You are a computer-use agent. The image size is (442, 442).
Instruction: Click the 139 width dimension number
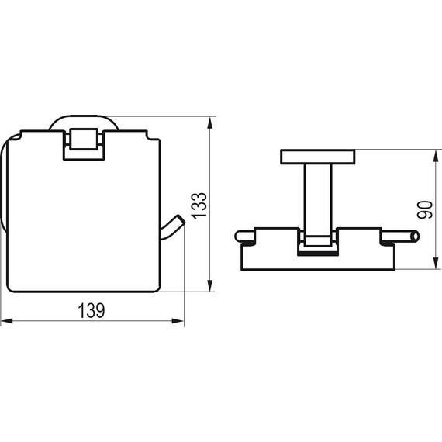[91, 310]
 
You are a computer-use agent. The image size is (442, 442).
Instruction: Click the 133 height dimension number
[199, 205]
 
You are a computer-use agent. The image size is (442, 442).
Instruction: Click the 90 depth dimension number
[424, 209]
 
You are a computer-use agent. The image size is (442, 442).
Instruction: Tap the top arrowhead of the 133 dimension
[209, 123]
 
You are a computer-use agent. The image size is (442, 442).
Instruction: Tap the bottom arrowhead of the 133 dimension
[209, 285]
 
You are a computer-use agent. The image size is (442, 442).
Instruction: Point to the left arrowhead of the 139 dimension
[7, 321]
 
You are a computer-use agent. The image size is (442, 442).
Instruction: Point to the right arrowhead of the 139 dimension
[178, 321]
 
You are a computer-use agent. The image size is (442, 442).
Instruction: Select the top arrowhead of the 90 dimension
[437, 156]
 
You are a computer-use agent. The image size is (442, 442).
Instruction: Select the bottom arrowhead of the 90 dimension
[437, 263]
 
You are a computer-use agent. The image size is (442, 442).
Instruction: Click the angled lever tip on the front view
[181, 219]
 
